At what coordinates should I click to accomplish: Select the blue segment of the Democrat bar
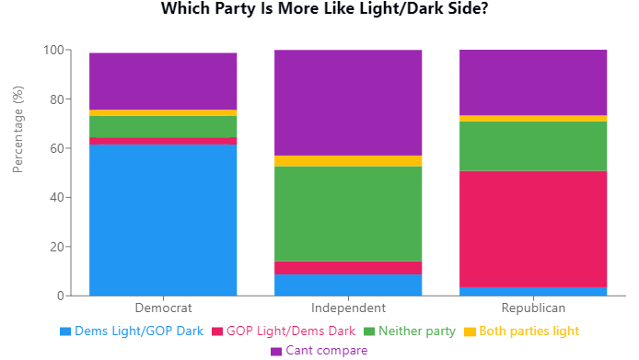[163, 220]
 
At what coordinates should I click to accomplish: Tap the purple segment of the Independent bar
[348, 102]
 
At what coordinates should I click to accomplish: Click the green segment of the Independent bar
[348, 214]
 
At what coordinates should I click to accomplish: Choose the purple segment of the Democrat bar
[163, 81]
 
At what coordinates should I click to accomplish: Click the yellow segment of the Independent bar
[348, 161]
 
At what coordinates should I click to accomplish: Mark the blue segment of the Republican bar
[533, 291]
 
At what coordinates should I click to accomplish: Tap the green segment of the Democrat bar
[163, 126]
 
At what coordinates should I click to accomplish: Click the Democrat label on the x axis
[163, 308]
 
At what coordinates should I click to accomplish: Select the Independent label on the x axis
[348, 308]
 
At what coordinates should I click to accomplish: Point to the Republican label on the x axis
[533, 308]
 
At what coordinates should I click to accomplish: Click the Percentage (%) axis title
[18, 130]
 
